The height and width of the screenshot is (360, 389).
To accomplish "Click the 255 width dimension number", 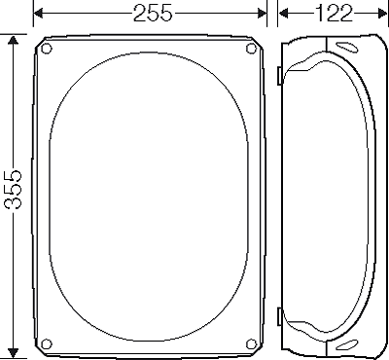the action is point(153,14).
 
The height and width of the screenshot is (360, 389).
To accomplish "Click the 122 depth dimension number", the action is point(333,14).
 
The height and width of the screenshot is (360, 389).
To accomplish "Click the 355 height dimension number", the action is point(14,189).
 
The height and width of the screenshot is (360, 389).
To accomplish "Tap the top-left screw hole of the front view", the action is point(47,49).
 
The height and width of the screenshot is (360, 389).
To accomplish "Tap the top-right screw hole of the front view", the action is point(251,49).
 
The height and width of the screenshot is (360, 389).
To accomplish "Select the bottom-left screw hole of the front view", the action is point(47,343).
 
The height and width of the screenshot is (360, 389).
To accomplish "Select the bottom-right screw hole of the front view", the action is point(251,343).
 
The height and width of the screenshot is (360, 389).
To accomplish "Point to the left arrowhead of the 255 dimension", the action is point(39,14).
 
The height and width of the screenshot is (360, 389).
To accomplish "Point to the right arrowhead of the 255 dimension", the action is point(262,14).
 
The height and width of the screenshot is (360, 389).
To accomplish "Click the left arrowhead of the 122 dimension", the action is point(283,14).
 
